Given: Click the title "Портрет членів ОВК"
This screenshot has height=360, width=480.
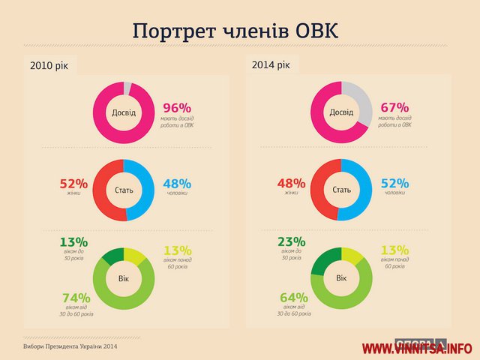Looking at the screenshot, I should point(235,31).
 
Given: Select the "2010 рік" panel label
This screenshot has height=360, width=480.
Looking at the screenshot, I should point(50,66).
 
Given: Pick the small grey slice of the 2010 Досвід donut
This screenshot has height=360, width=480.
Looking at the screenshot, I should point(128,88).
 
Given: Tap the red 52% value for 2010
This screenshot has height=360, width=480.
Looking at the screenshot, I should point(73,184).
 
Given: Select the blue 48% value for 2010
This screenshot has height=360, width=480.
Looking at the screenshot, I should point(176,184).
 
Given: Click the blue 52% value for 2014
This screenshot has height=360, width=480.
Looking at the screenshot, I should point(395,184).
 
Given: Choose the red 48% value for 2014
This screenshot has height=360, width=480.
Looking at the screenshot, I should point(292,184).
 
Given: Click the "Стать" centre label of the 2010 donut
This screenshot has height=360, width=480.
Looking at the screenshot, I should point(124,190).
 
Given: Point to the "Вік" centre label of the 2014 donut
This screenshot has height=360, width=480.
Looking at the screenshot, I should point(341,278).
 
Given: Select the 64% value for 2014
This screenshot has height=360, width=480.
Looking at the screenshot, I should point(294,297).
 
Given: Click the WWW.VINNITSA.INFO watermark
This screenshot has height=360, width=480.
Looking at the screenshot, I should point(417,349).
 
